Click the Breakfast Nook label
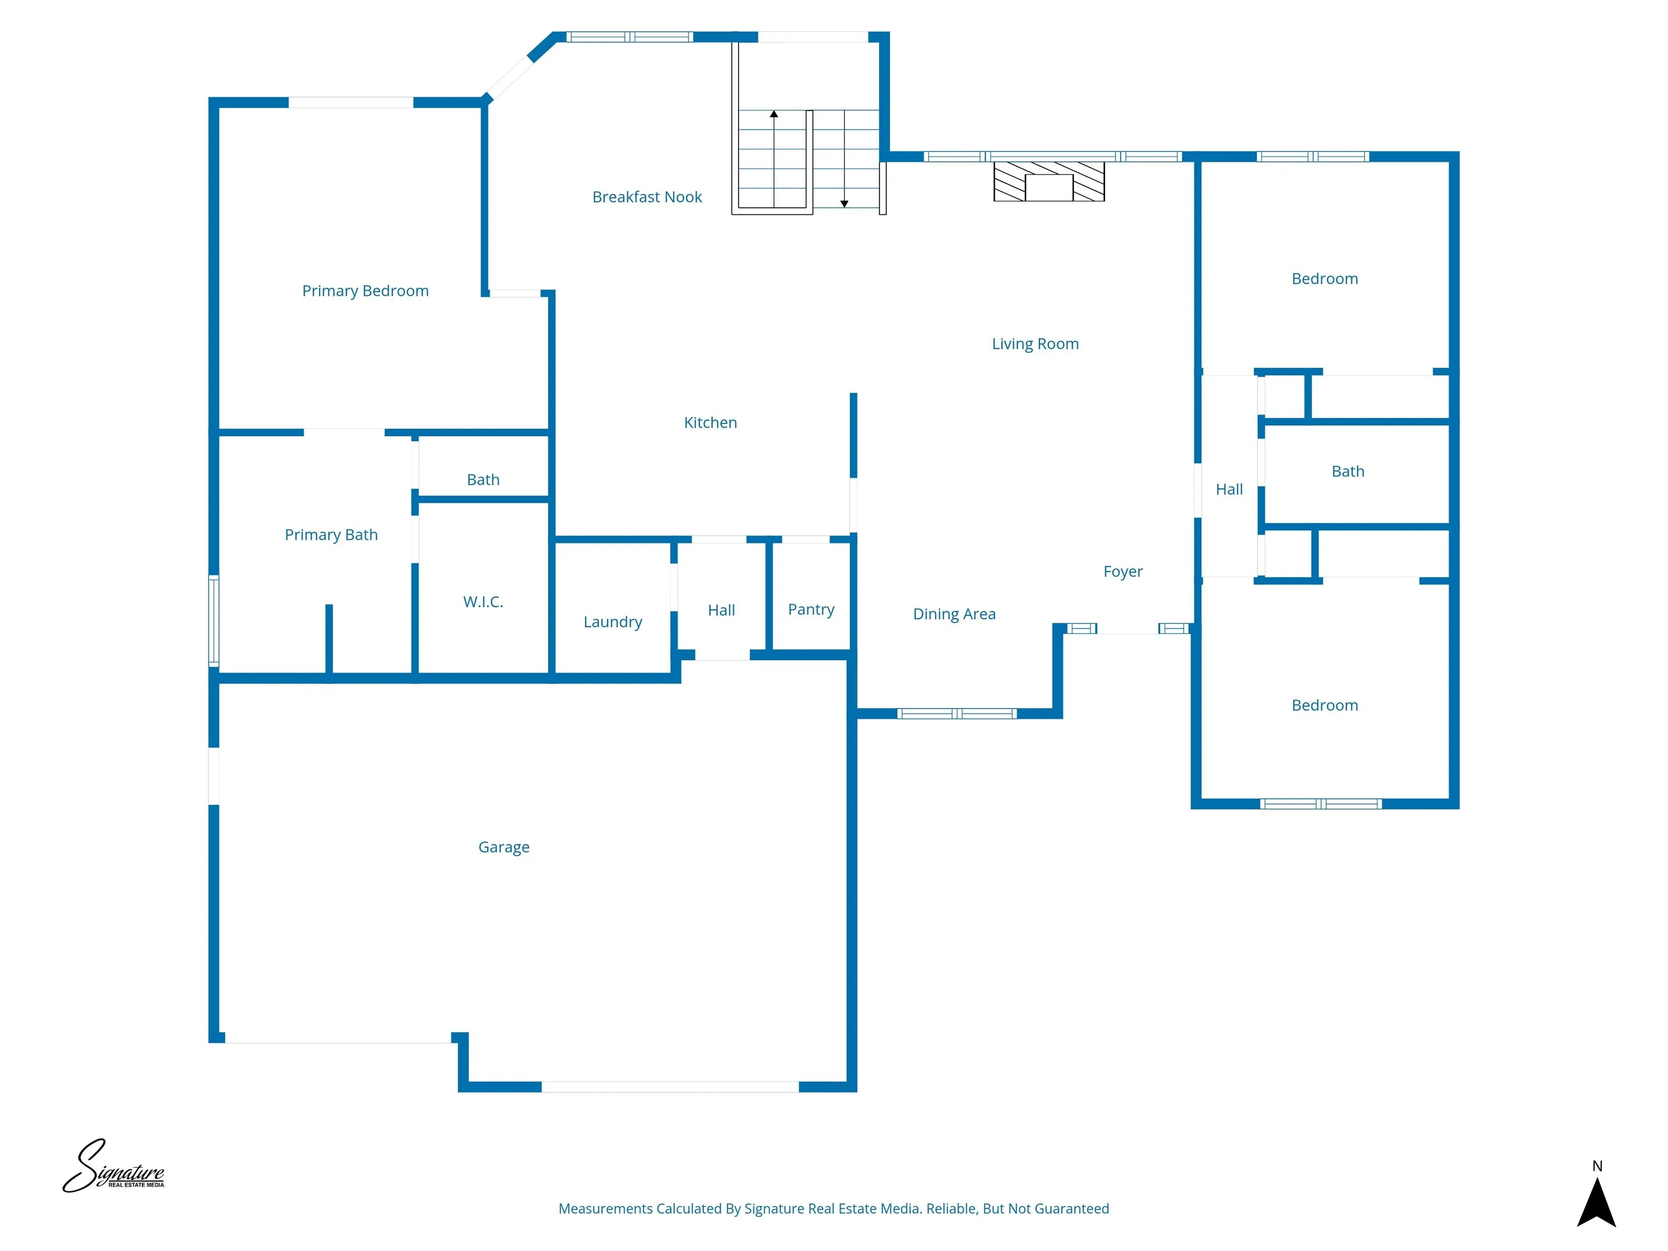click(x=647, y=197)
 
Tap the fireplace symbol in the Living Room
click(x=1049, y=182)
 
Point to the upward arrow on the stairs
click(x=774, y=115)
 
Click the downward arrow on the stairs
click(x=844, y=203)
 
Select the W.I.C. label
click(x=483, y=602)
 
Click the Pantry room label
click(x=811, y=609)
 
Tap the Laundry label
click(x=612, y=622)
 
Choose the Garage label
click(x=504, y=847)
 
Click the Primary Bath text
click(x=331, y=535)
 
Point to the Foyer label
click(x=1123, y=572)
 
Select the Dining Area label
click(x=954, y=614)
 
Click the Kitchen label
click(x=710, y=422)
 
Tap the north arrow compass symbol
click(x=1596, y=1202)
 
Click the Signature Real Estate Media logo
click(x=113, y=1167)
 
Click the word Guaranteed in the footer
click(x=1071, y=1209)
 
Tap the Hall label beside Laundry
click(x=721, y=610)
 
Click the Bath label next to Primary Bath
click(x=483, y=479)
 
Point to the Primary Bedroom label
click(x=365, y=291)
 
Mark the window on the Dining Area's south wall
click(x=956, y=713)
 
